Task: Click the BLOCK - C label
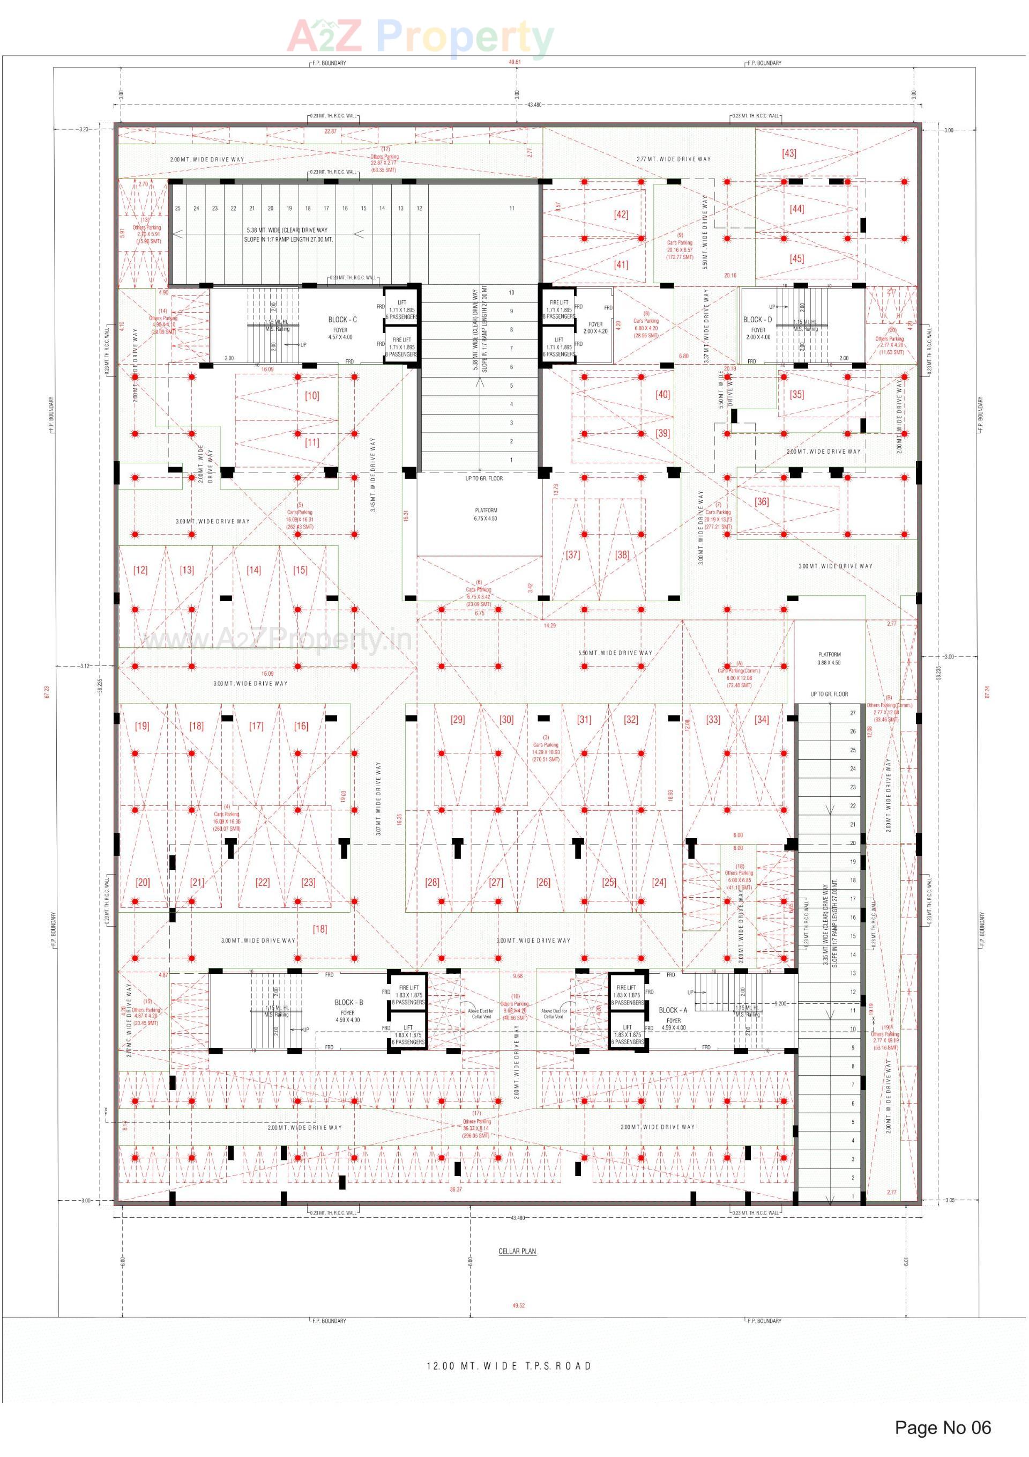click(x=342, y=319)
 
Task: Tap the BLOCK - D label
click(x=757, y=319)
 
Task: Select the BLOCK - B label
click(x=348, y=1002)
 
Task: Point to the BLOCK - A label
click(x=673, y=1010)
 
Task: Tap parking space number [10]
click(x=311, y=395)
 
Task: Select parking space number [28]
click(x=431, y=882)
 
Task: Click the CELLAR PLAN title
click(x=517, y=1252)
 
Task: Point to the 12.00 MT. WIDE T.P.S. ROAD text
click(x=508, y=1366)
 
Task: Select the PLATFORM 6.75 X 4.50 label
click(x=486, y=514)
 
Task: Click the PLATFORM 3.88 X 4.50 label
click(x=829, y=658)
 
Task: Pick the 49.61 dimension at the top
click(x=514, y=62)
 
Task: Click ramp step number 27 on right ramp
click(x=852, y=713)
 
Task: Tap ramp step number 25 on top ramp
click(x=177, y=208)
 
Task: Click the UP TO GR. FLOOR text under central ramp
click(x=483, y=478)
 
